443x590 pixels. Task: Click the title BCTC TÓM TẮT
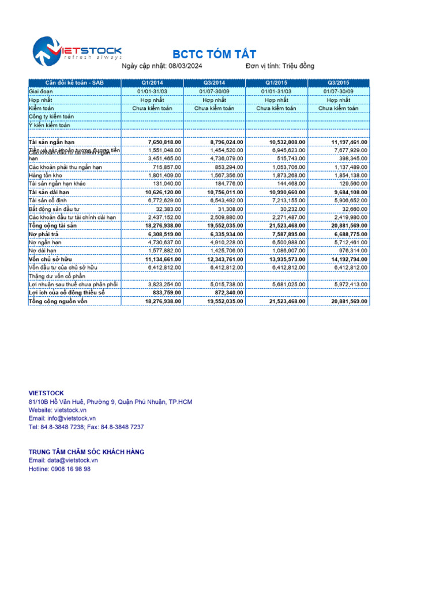point(215,55)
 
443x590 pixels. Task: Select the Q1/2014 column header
point(152,83)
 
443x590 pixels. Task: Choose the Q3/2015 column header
point(339,83)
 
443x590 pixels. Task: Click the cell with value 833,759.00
point(164,293)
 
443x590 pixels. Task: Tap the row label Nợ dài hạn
point(43,251)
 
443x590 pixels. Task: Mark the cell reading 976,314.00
point(351,251)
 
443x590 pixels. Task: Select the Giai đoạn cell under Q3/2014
point(215,91)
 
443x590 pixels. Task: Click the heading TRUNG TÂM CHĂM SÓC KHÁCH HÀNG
point(87,452)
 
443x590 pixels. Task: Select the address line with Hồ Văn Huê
point(110,402)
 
